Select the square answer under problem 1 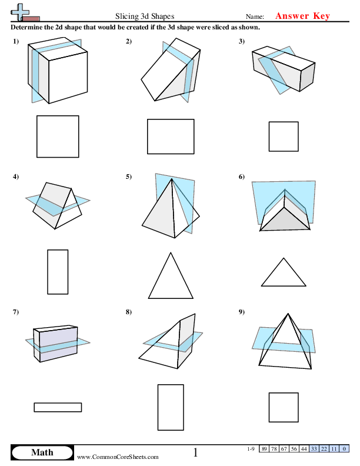(58, 137)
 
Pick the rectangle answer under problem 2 (171, 137)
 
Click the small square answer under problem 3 (284, 137)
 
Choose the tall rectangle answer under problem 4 (58, 271)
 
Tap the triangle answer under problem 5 (171, 274)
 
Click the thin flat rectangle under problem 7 (58, 407)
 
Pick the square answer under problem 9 (284, 407)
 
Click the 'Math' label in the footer (42, 452)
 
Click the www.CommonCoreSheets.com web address (118, 457)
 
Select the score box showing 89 (265, 449)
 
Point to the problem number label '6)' (242, 177)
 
